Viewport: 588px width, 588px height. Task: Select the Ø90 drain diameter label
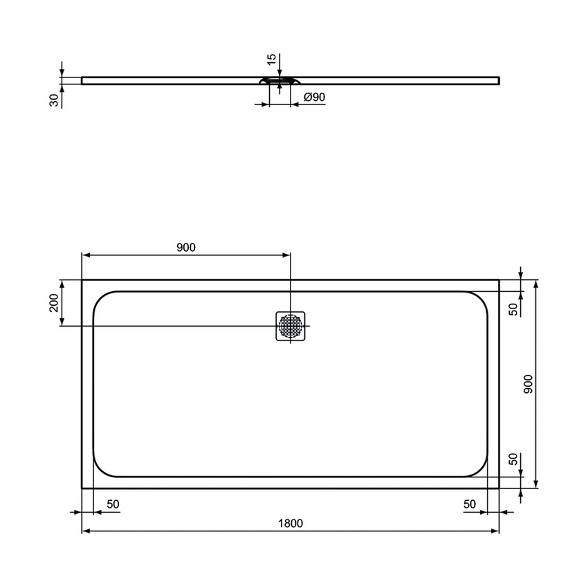[314, 98]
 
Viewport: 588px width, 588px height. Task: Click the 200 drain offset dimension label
[53, 303]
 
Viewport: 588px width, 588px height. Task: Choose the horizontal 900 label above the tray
[186, 247]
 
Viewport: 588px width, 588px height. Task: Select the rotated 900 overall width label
[528, 384]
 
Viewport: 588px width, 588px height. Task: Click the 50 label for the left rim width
[113, 504]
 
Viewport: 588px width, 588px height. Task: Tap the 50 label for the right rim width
[470, 504]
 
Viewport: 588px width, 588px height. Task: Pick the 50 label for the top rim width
[513, 309]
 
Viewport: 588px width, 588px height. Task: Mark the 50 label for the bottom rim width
[513, 461]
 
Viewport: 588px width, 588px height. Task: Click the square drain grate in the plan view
[291, 326]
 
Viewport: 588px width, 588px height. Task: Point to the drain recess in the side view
[279, 81]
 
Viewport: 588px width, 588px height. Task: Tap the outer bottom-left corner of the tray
[82, 488]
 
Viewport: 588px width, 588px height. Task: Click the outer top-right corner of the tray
[499, 280]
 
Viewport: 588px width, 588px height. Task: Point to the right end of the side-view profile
[498, 80]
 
